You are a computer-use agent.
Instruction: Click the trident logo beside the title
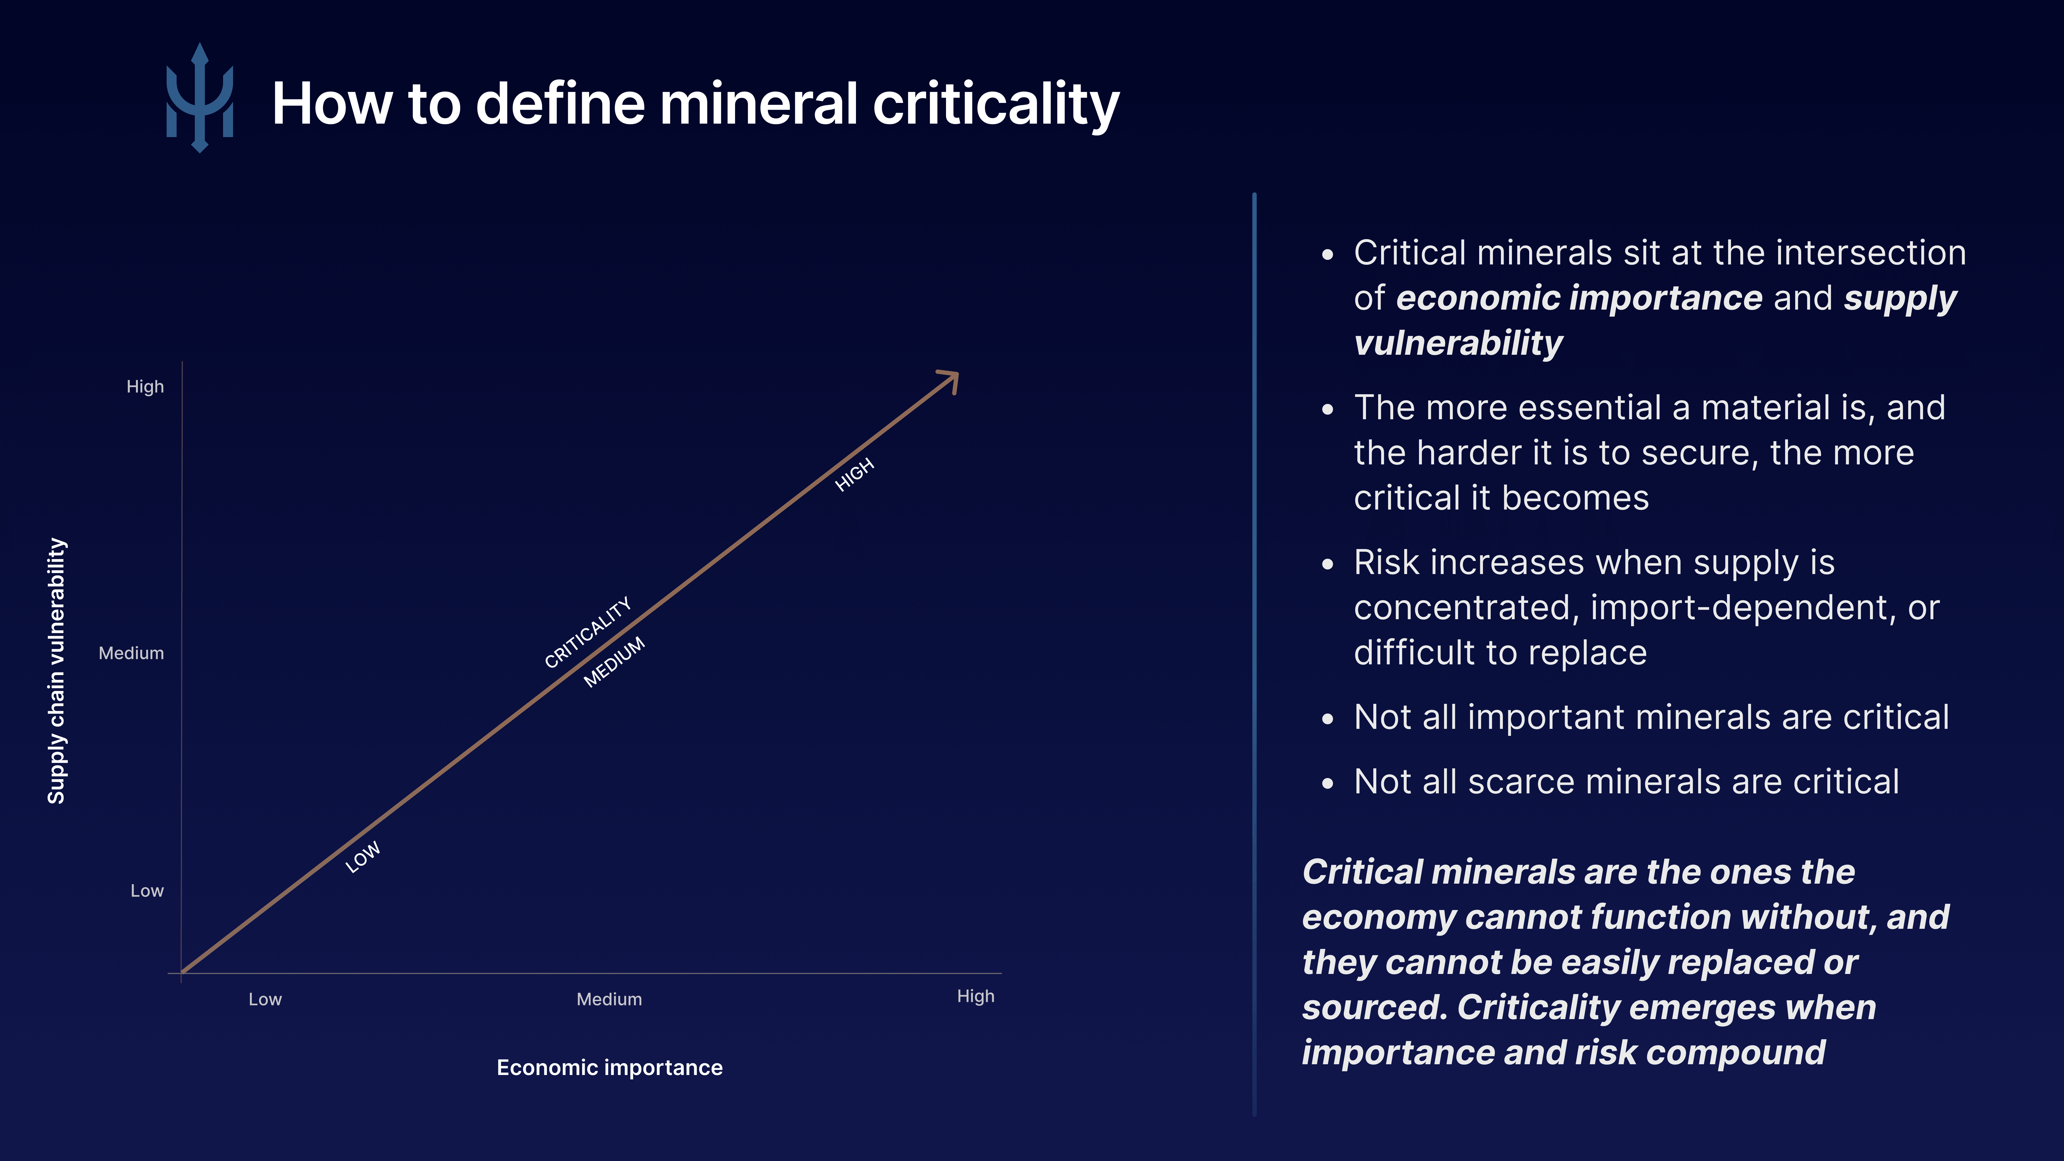pos(199,98)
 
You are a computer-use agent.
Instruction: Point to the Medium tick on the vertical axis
pos(131,653)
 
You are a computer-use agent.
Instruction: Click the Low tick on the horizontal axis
pos(265,999)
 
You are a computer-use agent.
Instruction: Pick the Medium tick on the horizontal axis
pos(609,999)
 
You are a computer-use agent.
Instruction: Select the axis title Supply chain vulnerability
pos(56,671)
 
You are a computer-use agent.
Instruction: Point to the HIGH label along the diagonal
pos(854,475)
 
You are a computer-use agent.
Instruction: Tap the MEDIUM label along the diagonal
pos(614,662)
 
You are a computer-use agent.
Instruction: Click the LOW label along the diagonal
pos(363,857)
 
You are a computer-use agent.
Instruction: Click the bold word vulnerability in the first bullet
pos(1458,343)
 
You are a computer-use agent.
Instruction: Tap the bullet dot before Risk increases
pos(1328,564)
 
